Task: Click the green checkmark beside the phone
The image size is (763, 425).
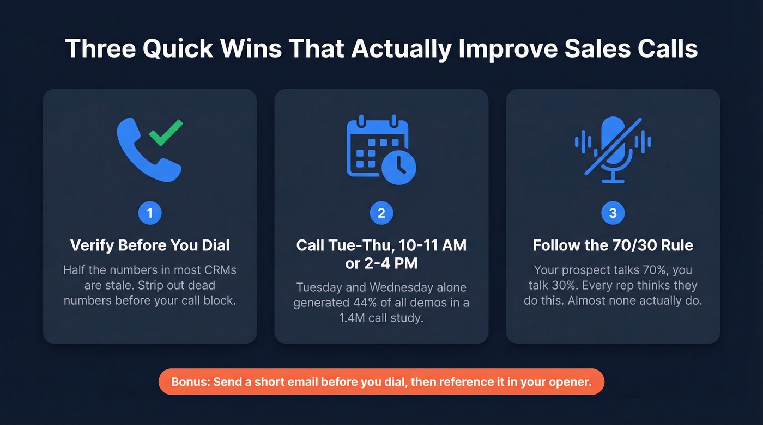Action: (x=166, y=132)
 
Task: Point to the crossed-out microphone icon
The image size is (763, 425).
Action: (x=613, y=149)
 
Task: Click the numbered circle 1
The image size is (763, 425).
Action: (x=150, y=213)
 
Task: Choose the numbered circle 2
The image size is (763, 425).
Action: (x=381, y=213)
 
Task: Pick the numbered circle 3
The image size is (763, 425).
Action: (x=613, y=213)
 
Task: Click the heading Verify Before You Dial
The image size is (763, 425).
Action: (x=150, y=245)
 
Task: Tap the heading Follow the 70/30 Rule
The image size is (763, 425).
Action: (x=613, y=245)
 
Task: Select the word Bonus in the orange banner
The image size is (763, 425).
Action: (x=189, y=382)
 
